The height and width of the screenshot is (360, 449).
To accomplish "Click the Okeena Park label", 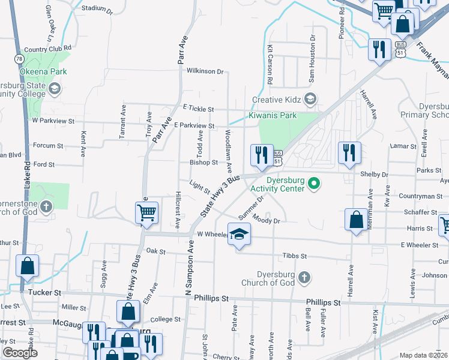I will [x=34, y=71].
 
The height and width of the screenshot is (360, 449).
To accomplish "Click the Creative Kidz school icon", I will [x=310, y=98].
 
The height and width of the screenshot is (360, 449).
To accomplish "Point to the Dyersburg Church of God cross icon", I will [x=304, y=277].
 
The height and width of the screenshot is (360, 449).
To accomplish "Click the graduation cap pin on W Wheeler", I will [x=239, y=233].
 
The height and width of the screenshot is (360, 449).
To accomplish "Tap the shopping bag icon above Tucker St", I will [x=28, y=265].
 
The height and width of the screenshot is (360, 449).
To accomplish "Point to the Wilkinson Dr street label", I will [x=205, y=71].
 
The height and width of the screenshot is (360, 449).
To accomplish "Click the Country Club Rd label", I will [x=47, y=48].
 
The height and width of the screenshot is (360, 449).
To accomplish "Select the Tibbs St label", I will [x=294, y=256].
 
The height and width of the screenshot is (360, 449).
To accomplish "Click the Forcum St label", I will [x=48, y=146].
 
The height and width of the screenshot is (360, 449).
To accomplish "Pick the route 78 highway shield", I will [x=19, y=58].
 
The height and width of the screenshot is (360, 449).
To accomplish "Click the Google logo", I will [x=20, y=353].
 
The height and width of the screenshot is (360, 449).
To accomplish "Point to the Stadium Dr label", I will [x=97, y=9].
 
